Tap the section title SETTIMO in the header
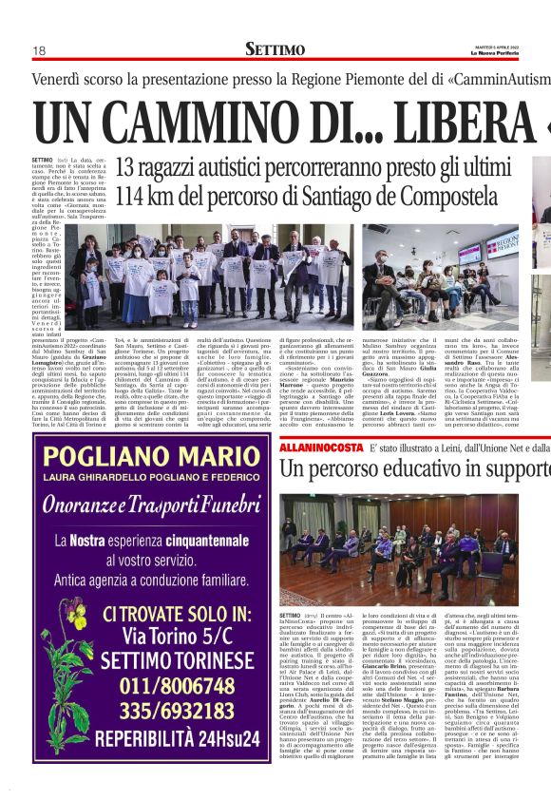click(x=275, y=48)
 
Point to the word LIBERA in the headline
click(x=456, y=123)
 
